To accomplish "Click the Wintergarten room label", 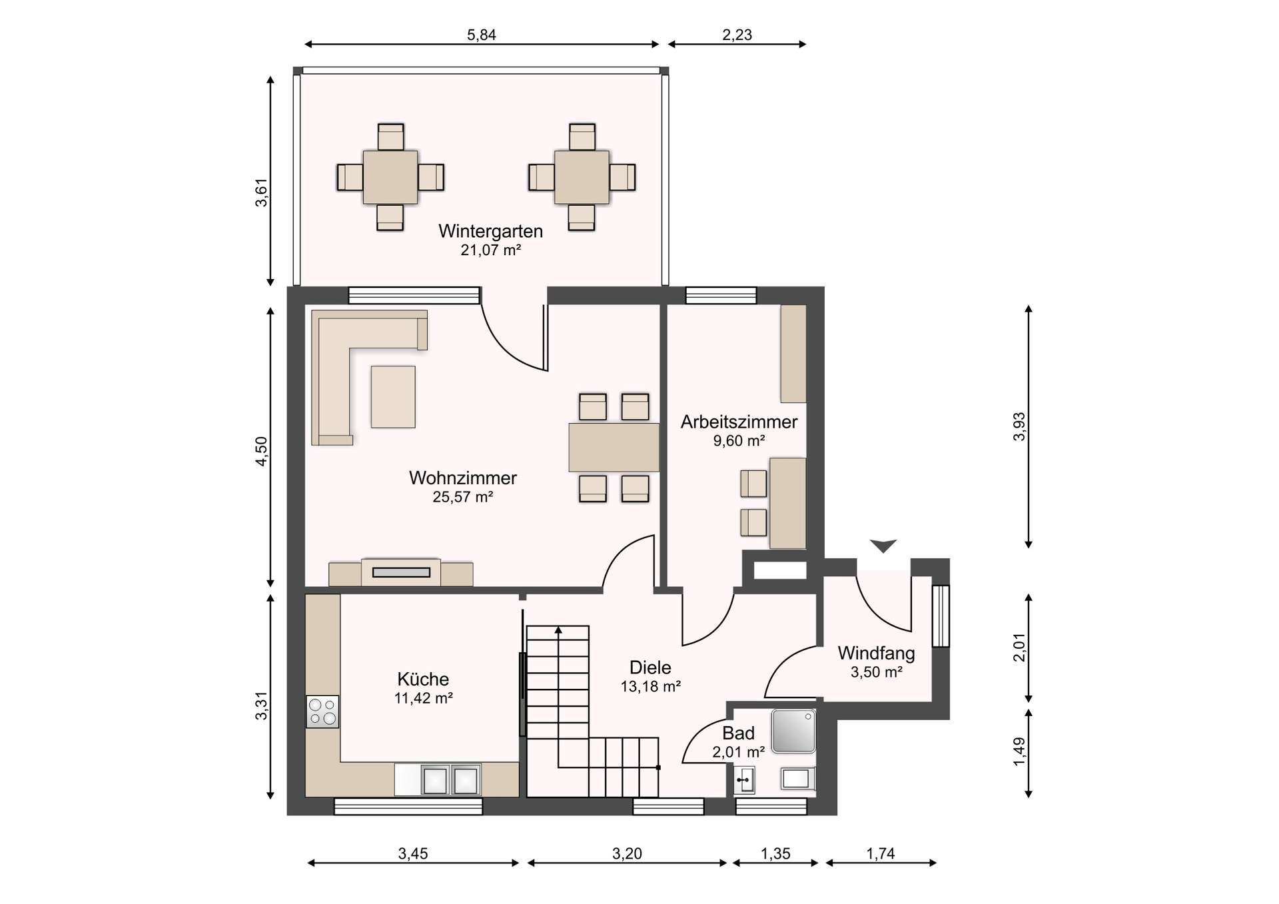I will (490, 231).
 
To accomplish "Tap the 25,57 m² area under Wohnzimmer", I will (462, 497).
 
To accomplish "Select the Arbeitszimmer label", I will (739, 422).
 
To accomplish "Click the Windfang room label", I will (876, 653).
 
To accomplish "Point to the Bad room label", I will (738, 733).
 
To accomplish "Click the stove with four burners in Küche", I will (322, 711).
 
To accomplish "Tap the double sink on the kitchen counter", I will (450, 780).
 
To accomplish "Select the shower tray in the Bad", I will (793, 731).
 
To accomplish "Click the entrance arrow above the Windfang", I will (883, 546).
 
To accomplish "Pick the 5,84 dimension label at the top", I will (481, 35).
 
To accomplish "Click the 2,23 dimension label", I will (737, 35).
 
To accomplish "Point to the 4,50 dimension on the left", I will (261, 451).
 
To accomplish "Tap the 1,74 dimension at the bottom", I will (880, 853).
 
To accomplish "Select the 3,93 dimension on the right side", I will (1019, 427).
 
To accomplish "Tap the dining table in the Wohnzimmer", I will (614, 447).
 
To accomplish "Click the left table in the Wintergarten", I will (390, 177).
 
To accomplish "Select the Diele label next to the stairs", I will (650, 668).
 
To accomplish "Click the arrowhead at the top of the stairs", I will (558, 630).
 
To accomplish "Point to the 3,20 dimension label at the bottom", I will (627, 853).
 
